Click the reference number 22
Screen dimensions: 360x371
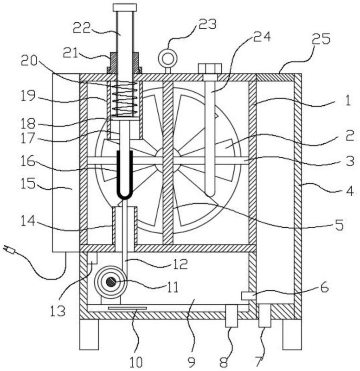82,28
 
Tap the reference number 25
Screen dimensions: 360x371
321,39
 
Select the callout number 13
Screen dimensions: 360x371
58,311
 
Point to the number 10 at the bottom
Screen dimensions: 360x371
136,362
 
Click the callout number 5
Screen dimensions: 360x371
340,225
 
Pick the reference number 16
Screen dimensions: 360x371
28,161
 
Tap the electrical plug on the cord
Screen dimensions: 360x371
9,249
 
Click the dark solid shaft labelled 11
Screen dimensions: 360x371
110,282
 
